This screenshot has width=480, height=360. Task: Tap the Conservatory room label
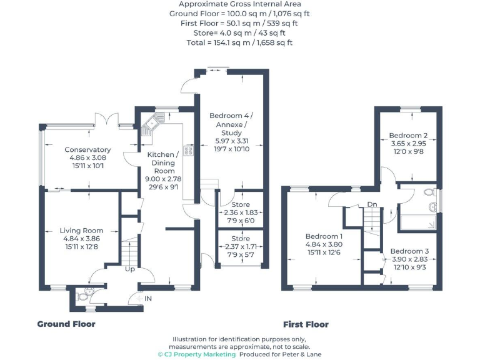coord(87,150)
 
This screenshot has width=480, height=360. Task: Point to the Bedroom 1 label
coord(324,236)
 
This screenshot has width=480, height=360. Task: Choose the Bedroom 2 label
coord(408,136)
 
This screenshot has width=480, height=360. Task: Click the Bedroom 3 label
coord(409,251)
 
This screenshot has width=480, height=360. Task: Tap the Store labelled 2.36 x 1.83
coord(240,204)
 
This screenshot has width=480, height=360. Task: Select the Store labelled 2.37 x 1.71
coord(240,238)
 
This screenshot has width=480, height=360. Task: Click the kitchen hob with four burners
coord(188,150)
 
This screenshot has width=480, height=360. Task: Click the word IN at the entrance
coord(148,299)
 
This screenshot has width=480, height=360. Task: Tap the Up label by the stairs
coord(130,269)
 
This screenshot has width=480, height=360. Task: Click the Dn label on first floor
coord(372,204)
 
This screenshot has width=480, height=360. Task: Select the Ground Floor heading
coord(66,324)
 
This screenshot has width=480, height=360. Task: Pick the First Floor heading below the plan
coord(306,324)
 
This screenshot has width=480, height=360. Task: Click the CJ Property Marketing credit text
coord(196,354)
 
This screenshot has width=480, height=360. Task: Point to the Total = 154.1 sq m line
coord(240,43)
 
